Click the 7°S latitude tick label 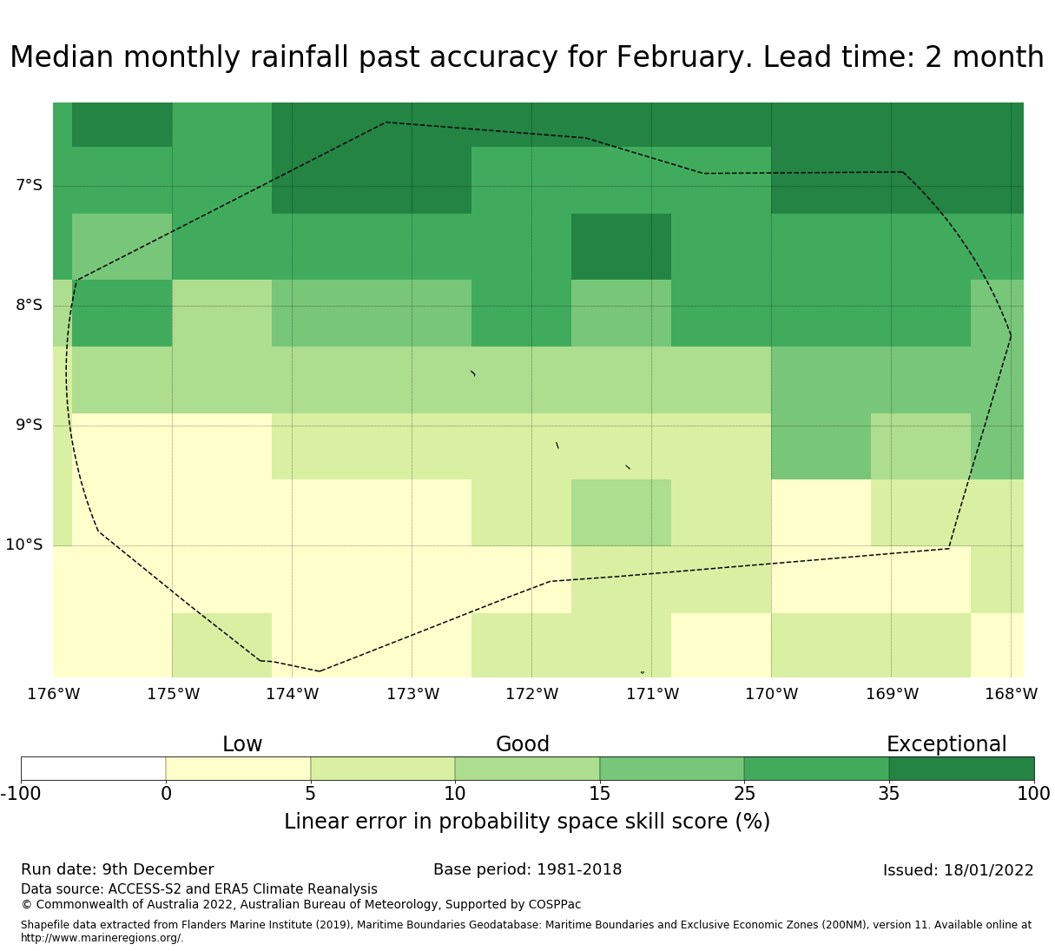coord(29,185)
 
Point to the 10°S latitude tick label coord(24,545)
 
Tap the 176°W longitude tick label coord(53,694)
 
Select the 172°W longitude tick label coord(531,694)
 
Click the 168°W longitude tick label coord(1011,694)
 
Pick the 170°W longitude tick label coord(771,694)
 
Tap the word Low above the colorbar coord(242,744)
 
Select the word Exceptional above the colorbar coord(946,744)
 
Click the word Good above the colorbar coord(523,744)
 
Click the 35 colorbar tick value coord(889,793)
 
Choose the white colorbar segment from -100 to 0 coord(93,769)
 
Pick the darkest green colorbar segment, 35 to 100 coord(961,769)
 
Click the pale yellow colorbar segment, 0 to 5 coord(238,769)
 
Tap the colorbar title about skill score coord(527,822)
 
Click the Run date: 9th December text coord(117,869)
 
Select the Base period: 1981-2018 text coord(527,869)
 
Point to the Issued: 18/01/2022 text coord(958,870)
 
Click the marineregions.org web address coord(102,938)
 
